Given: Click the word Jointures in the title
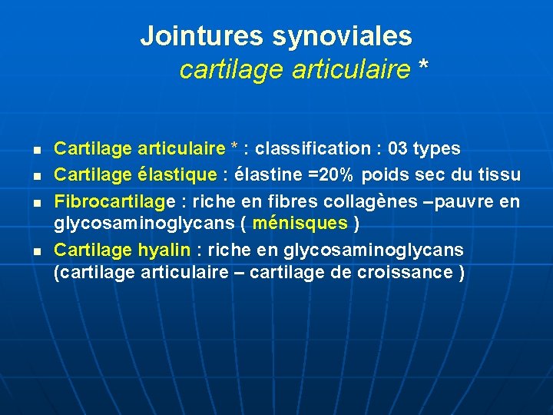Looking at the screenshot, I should click(202, 35).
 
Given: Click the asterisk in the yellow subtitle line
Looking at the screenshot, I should click(423, 70).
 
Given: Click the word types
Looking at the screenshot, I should click(439, 148).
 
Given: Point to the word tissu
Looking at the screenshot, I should click(499, 174).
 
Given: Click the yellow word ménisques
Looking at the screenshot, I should click(300, 223).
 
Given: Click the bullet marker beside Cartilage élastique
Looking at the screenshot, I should click(37, 175).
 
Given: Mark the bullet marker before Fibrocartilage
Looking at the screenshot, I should click(37, 203).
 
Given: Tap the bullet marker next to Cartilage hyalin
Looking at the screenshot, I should click(37, 251).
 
